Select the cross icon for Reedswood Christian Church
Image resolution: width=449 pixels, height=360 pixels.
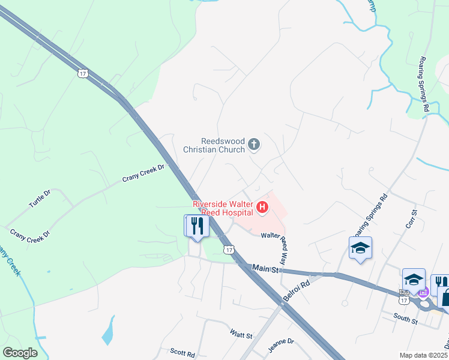pos(254,144)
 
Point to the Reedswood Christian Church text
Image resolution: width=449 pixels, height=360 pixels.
pos(215,145)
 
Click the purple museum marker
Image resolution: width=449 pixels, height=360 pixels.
pos(423,293)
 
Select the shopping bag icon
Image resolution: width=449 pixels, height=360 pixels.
pos(445,297)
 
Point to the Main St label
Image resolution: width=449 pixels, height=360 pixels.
pos(266,269)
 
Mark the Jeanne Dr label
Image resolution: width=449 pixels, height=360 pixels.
pos(280,342)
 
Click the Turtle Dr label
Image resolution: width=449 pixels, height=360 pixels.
pos(40,199)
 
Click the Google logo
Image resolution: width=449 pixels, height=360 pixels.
pos(20,353)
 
